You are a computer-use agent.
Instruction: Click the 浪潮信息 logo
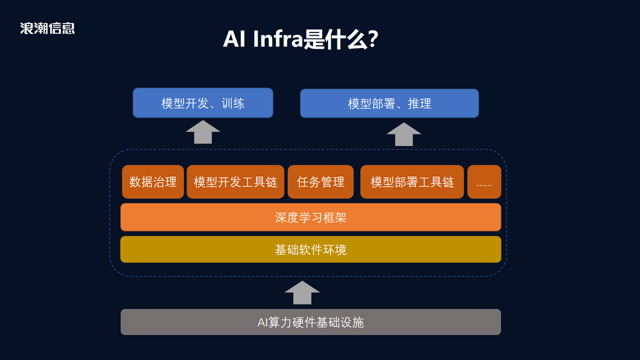point(47,28)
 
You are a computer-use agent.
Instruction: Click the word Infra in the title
point(278,39)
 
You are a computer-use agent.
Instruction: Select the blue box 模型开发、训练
point(203,103)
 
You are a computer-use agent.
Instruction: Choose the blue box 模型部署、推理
point(389,103)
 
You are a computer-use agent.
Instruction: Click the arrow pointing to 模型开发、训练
point(203,132)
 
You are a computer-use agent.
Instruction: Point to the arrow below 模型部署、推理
point(404,134)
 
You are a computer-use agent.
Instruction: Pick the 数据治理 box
point(153,182)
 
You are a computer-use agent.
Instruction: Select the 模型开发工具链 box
point(235,182)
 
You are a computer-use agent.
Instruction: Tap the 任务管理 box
point(321,182)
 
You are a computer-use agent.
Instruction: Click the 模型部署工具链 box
point(412,182)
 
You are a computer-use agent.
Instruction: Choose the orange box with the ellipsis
point(484,182)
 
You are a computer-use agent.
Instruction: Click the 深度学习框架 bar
point(311,218)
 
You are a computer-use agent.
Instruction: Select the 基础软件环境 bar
point(311,250)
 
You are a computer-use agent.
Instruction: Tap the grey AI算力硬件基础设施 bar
point(311,322)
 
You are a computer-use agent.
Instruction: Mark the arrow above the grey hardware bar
point(302,293)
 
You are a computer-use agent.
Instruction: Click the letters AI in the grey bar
point(262,322)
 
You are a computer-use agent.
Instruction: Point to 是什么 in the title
point(335,39)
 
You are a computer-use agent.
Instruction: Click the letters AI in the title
point(234,39)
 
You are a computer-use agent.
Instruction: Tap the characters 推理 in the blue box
point(419,103)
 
